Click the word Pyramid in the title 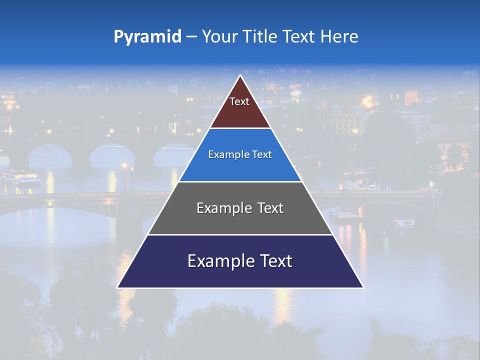pos(147,37)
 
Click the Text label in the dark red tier pos(239,102)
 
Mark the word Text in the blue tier pos(262,155)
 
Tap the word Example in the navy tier pos(220,261)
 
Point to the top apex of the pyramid pos(240,76)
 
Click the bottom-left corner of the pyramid pos(118,287)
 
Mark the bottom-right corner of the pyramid pos(362,287)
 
